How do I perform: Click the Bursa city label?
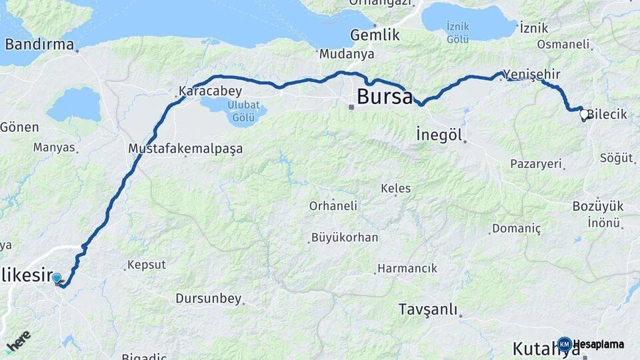point(385,96)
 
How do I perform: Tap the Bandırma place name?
point(39,45)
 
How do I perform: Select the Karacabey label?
point(210,91)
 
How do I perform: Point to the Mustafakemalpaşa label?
point(185,149)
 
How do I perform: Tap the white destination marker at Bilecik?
point(584,115)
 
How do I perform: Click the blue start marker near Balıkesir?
point(57,278)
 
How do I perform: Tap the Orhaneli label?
point(333,206)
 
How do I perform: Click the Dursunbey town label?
point(208,299)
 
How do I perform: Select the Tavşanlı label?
point(428,309)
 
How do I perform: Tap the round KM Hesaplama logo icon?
point(565,345)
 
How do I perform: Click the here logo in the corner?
point(18,341)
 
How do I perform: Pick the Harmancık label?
point(407,268)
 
